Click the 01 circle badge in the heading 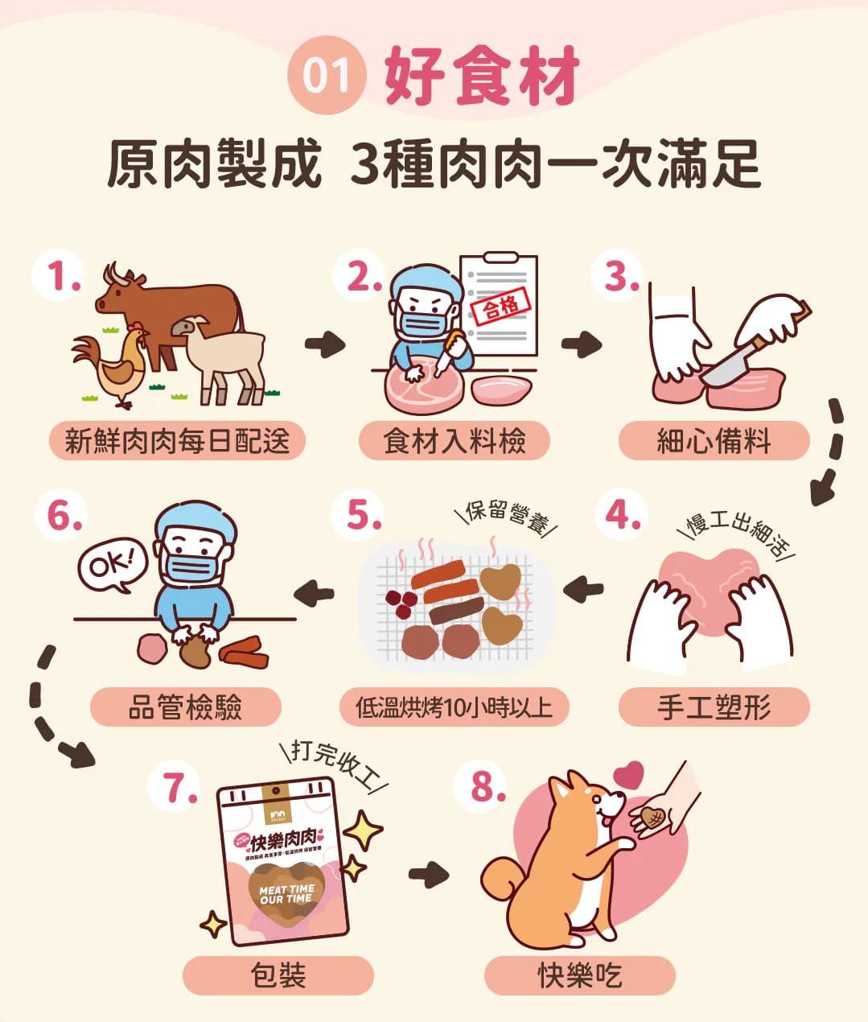tap(326, 76)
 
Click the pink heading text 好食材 tap(482, 76)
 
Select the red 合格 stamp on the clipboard tap(500, 307)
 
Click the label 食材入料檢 tap(454, 441)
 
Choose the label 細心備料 tap(714, 441)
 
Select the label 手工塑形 tap(714, 707)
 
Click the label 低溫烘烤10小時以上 tap(454, 707)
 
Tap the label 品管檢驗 tap(185, 707)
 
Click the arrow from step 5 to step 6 tap(314, 595)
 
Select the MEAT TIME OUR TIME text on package tap(286, 894)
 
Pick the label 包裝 tap(278, 975)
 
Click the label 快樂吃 tap(579, 975)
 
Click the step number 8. tap(483, 786)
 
